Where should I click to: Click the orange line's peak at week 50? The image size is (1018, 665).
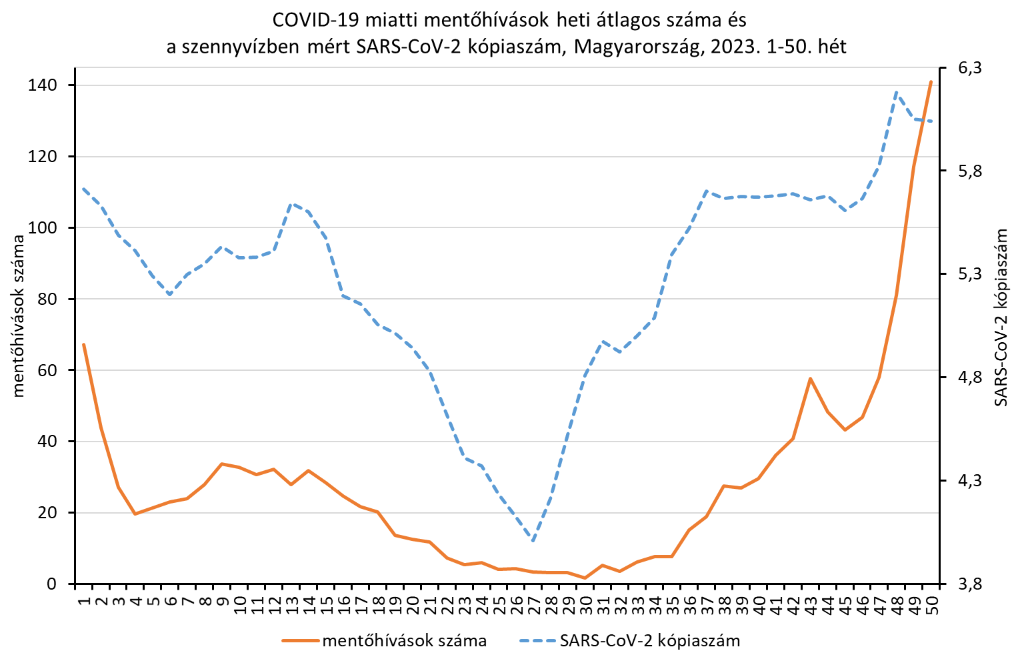pyautogui.click(x=931, y=82)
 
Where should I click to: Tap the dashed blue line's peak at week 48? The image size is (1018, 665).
pyautogui.click(x=896, y=92)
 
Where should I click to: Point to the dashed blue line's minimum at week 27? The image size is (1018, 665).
pyautogui.click(x=533, y=541)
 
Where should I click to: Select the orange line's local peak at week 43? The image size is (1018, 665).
pyautogui.click(x=810, y=378)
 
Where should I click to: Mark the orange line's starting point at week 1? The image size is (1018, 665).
pyautogui.click(x=83, y=344)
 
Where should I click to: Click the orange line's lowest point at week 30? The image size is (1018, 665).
pyautogui.click(x=585, y=578)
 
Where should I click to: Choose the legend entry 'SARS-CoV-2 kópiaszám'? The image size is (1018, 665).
pyautogui.click(x=650, y=641)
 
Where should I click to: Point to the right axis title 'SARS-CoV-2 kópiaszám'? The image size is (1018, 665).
pyautogui.click(x=1001, y=317)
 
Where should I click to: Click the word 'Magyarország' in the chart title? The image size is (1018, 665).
pyautogui.click(x=630, y=47)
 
